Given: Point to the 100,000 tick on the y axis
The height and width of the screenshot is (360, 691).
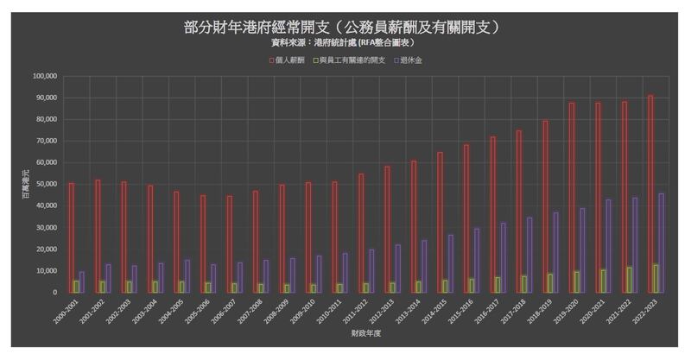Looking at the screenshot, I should [x=44, y=76].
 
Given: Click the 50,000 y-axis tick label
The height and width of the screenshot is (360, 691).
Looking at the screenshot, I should [x=46, y=184].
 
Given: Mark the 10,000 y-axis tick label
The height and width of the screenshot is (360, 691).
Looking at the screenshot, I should [x=46, y=271].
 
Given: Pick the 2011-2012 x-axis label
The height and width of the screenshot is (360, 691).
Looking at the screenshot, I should [x=357, y=309].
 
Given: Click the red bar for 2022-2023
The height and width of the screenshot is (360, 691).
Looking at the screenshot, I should [x=650, y=194].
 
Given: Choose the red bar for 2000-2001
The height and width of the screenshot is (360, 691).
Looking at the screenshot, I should [x=71, y=237].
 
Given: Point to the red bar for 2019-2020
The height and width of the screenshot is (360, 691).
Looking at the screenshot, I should [x=572, y=198].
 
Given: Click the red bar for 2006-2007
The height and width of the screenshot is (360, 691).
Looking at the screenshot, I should [x=229, y=244].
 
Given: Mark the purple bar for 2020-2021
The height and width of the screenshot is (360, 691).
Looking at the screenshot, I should [x=608, y=246].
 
